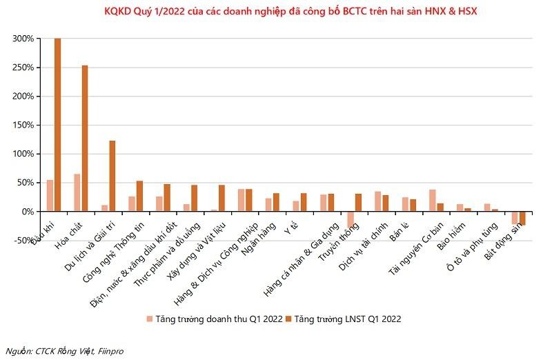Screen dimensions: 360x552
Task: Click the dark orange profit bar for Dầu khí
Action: pyautogui.click(x=57, y=124)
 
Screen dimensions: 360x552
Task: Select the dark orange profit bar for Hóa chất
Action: pyautogui.click(x=84, y=138)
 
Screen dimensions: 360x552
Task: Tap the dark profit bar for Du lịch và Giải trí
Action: pyautogui.click(x=112, y=176)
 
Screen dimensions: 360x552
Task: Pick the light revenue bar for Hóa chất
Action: pyautogui.click(x=77, y=192)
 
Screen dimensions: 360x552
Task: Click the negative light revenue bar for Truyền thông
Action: pyautogui.click(x=351, y=219)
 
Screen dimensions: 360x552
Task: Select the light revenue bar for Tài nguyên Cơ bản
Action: pyautogui.click(x=433, y=200)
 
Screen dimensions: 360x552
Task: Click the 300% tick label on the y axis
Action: pyautogui.click(x=23, y=39)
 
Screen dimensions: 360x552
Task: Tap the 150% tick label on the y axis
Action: pyautogui.click(x=23, y=126)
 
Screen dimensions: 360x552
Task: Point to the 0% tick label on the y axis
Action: pyautogui.click(x=26, y=212)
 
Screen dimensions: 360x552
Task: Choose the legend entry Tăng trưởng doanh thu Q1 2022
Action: pyautogui.click(x=213, y=319)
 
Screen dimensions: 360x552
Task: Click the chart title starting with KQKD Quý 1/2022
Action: pyautogui.click(x=276, y=11)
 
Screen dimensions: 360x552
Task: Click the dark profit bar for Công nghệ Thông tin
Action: pyautogui.click(x=139, y=196)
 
